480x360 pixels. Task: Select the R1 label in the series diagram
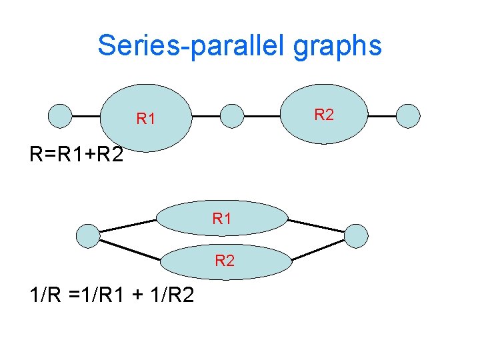pos(146,119)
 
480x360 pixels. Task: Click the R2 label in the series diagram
pos(324,115)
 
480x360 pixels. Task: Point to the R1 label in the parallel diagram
pos(222,218)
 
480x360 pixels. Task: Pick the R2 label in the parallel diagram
pos(225,261)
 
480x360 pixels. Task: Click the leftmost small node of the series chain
pos(61,115)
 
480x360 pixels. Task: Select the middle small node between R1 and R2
pos(231,115)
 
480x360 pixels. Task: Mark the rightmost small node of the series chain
pos(408,115)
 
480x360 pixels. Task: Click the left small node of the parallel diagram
pos(87,235)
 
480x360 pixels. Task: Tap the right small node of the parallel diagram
pos(356,235)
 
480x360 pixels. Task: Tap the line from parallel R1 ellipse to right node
pos(317,225)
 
